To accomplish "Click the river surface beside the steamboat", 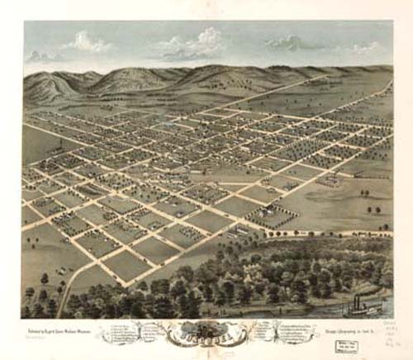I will [x=330, y=311].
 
